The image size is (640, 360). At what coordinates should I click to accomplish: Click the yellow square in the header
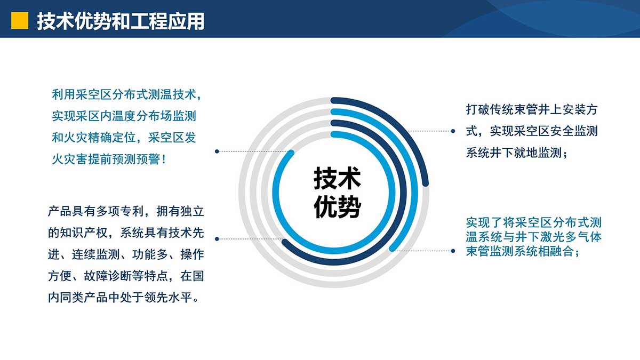tap(20, 21)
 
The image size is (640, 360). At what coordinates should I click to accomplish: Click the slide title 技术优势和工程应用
tap(121, 21)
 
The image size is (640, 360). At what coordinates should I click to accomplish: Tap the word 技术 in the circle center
tap(337, 179)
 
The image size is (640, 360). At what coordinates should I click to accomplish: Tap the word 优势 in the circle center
tap(337, 207)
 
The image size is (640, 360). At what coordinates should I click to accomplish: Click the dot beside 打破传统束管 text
tap(453, 131)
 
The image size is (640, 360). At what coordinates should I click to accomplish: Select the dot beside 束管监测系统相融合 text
tap(453, 251)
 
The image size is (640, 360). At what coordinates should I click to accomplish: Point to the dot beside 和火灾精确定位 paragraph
tap(217, 151)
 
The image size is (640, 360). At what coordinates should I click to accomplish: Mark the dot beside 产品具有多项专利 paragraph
tap(217, 239)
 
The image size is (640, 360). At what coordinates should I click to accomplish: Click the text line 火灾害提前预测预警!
tap(109, 159)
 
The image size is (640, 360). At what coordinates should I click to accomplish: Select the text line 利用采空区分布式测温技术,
tap(127, 94)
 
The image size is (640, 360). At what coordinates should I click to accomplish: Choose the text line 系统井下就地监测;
tap(517, 153)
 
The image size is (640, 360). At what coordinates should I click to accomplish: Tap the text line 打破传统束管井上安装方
tap(532, 110)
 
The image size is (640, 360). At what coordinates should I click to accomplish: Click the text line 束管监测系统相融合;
tap(523, 251)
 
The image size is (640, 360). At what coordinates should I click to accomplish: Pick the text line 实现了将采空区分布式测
tap(534, 222)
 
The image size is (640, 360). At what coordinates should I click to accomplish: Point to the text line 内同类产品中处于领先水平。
tap(123, 298)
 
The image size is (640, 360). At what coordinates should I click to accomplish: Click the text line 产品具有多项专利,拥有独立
tap(126, 211)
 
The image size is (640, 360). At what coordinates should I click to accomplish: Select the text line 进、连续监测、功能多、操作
tap(126, 254)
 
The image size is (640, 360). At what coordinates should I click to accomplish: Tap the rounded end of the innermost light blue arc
tap(291, 153)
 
